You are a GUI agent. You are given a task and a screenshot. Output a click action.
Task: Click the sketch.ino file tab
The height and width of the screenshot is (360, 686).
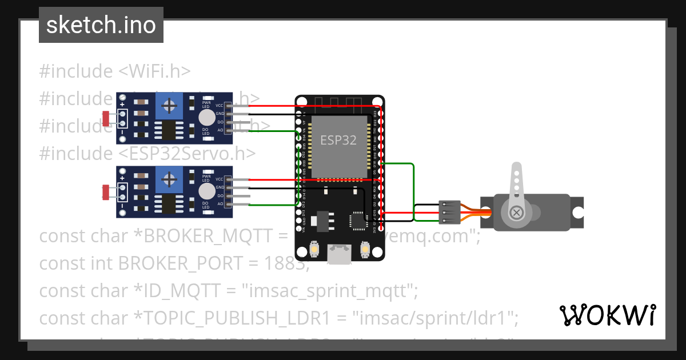(101, 25)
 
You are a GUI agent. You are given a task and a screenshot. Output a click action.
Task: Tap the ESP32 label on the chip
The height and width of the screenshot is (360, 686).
(338, 141)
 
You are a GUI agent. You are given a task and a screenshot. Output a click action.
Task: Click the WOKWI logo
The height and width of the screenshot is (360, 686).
(607, 315)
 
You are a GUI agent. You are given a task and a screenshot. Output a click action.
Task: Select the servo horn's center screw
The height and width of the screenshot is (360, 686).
(517, 213)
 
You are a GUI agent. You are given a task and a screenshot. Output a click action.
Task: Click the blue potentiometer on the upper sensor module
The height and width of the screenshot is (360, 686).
(169, 105)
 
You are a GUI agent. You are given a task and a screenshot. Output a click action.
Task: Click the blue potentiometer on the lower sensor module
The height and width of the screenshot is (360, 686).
(169, 179)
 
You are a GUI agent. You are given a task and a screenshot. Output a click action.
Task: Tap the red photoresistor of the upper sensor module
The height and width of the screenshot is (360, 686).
(106, 118)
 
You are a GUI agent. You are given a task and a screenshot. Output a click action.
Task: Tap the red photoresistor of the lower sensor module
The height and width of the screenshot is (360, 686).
(106, 192)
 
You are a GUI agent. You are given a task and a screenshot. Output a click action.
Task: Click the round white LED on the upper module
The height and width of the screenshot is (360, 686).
(206, 118)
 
